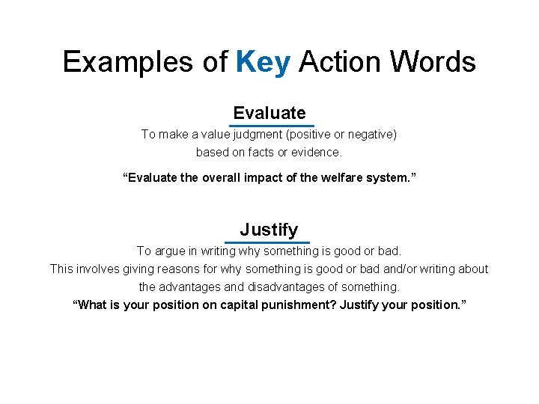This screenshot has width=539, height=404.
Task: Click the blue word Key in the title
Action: [263, 62]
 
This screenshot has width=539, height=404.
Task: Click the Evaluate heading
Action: [269, 113]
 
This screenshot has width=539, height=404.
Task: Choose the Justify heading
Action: [269, 230]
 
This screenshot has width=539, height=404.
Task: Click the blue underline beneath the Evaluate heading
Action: [271, 126]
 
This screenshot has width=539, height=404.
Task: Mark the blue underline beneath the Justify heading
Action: [267, 242]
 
